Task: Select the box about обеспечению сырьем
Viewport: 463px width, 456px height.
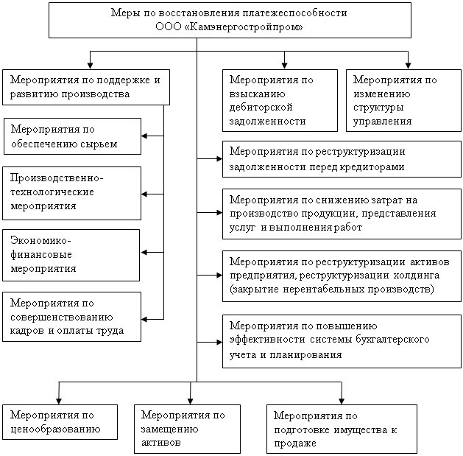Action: coord(72,136)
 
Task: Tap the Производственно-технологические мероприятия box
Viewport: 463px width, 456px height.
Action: coord(71,193)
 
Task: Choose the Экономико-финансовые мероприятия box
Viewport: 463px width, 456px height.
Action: coord(71,255)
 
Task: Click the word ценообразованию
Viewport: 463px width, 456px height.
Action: coord(55,429)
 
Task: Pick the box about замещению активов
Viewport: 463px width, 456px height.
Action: coord(187,429)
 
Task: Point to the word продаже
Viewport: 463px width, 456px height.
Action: coord(295,443)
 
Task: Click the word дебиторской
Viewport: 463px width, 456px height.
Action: coord(261,108)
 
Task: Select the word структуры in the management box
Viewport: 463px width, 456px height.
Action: coord(378,108)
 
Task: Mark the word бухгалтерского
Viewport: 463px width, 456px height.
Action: coord(392,340)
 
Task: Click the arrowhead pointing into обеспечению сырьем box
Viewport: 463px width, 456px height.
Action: coord(144,136)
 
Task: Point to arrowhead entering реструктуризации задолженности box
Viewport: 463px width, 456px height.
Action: coord(219,158)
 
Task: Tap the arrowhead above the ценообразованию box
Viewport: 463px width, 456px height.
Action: coord(59,401)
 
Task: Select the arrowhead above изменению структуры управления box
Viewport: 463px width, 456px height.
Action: coord(408,66)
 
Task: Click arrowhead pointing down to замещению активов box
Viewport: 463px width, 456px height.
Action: coord(190,401)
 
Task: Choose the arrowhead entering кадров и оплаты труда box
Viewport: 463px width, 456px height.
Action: coord(144,319)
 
